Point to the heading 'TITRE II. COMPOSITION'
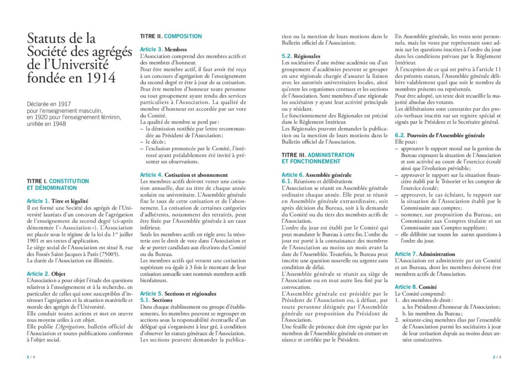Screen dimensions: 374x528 coord(171,36)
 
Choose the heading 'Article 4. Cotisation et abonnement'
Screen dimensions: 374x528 coord(184,175)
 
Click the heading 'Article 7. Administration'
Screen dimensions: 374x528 coord(425,254)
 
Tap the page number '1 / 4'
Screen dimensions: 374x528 coord(31,357)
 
